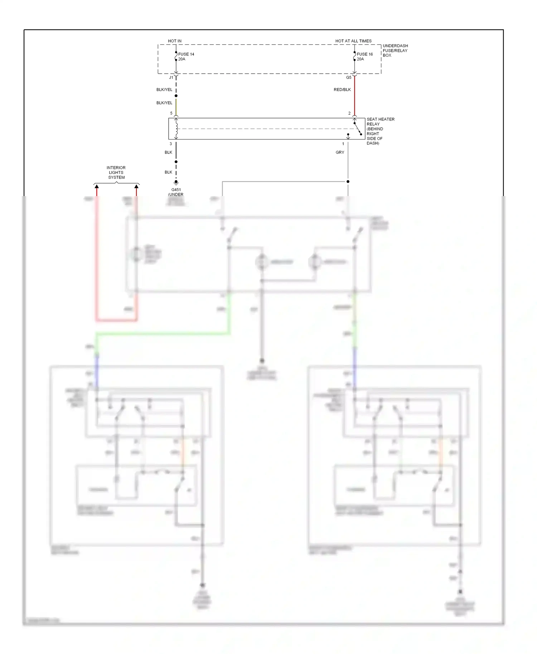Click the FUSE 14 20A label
pyautogui.click(x=186, y=57)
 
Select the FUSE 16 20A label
pyautogui.click(x=364, y=57)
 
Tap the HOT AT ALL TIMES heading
pyautogui.click(x=353, y=41)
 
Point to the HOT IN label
pyautogui.click(x=175, y=41)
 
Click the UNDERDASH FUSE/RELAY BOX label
pyautogui.click(x=395, y=50)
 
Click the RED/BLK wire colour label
pyautogui.click(x=342, y=89)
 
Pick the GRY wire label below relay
pyautogui.click(x=340, y=152)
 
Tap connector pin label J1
pyautogui.click(x=171, y=77)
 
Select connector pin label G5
pyautogui.click(x=349, y=77)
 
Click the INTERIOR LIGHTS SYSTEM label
pyautogui.click(x=116, y=172)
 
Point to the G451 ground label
pyautogui.click(x=176, y=190)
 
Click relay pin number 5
pyautogui.click(x=171, y=113)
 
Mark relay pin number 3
pyautogui.click(x=171, y=144)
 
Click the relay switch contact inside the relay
pyautogui.click(x=358, y=129)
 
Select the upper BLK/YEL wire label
pyautogui.click(x=164, y=89)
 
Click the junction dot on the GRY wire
pyautogui.click(x=348, y=181)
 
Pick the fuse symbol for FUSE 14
pyautogui.click(x=176, y=56)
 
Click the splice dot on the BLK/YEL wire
pyautogui.click(x=176, y=96)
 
